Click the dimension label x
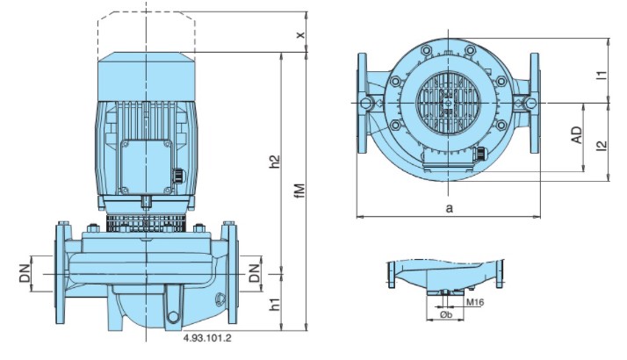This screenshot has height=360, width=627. click(x=300, y=35)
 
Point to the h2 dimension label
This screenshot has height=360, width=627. click(x=274, y=162)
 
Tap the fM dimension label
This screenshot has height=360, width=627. click(x=300, y=191)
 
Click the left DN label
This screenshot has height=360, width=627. click(x=25, y=273)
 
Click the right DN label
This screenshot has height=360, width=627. click(x=254, y=273)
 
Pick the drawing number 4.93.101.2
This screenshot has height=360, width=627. click(x=207, y=338)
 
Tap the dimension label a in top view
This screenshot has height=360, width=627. click(x=450, y=208)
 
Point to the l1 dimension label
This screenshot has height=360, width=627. click(x=602, y=76)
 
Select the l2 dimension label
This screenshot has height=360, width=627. click(x=602, y=146)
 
